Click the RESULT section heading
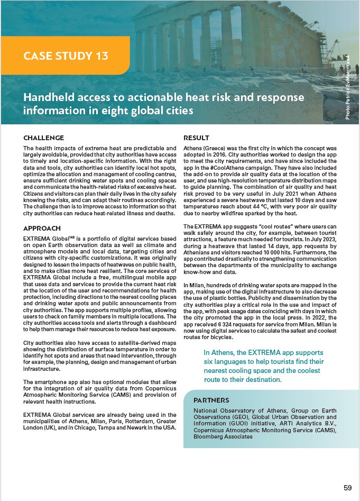[196, 138]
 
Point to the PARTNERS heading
[211, 399]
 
